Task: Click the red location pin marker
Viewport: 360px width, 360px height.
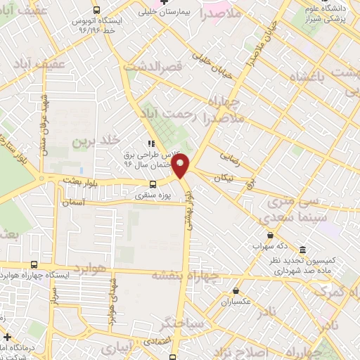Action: point(181,167)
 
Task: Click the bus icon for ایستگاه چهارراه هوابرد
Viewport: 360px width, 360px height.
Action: point(34,265)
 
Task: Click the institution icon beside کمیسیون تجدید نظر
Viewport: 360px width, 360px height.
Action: point(302,251)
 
